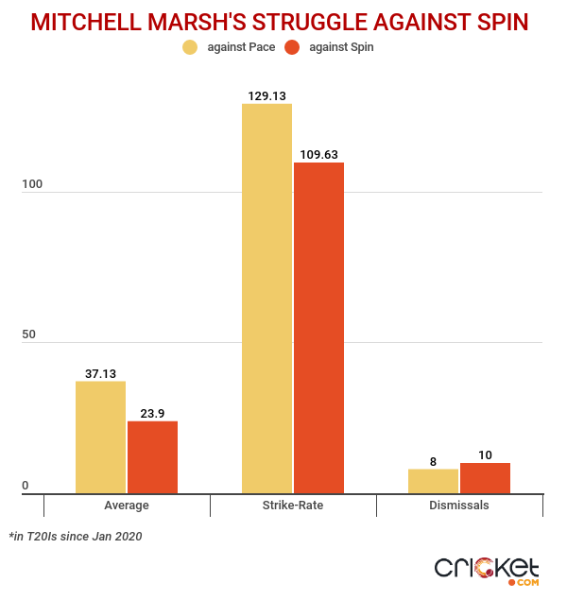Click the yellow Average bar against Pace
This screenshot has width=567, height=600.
[x=101, y=437]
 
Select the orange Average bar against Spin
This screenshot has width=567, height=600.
[x=152, y=456]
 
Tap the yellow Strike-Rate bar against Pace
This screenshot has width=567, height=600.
[x=266, y=298]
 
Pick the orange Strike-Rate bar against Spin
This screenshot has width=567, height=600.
[x=318, y=327]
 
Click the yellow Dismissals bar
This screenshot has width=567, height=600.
[x=433, y=481]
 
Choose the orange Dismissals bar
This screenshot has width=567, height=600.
[x=485, y=478]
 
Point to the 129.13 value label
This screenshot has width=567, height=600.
[x=266, y=94]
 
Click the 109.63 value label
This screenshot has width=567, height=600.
[x=318, y=154]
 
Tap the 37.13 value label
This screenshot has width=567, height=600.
[x=101, y=373]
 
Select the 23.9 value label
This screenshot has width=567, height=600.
[x=152, y=412]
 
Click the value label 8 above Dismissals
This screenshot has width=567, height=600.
[x=433, y=461]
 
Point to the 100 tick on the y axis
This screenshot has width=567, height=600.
[x=32, y=186]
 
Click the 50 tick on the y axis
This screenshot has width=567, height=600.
[x=32, y=336]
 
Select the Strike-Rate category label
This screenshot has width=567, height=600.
[x=293, y=506]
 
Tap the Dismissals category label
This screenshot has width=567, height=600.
[x=459, y=506]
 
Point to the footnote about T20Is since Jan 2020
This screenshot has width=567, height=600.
[x=76, y=536]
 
